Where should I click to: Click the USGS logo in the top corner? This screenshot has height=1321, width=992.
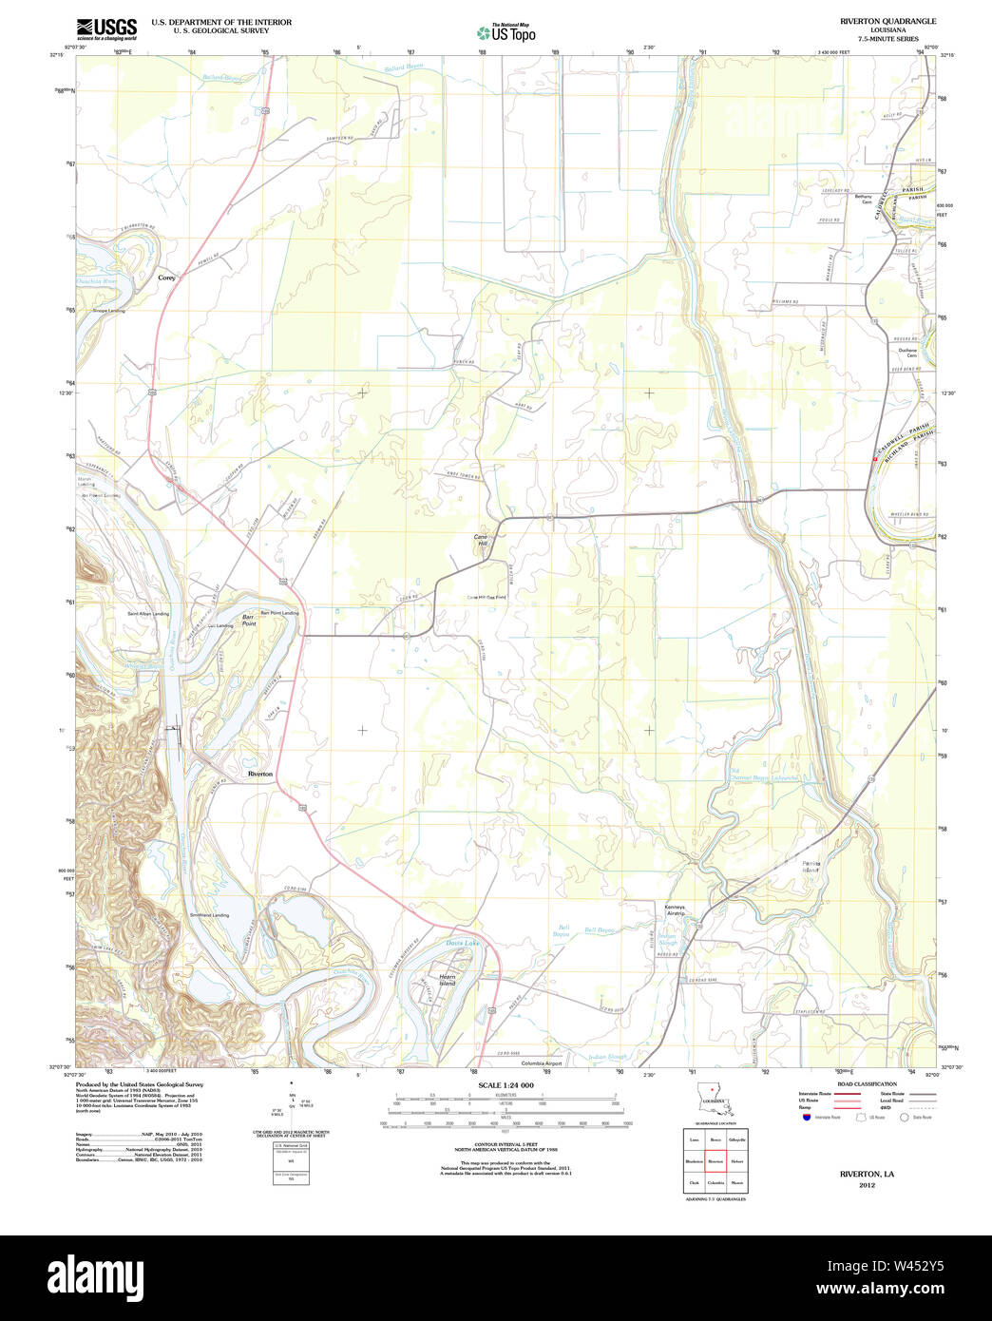tap(105, 28)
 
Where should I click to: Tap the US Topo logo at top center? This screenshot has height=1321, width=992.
tap(506, 32)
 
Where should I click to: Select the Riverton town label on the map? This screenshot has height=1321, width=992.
tap(259, 775)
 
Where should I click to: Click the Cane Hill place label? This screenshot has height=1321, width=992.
tap(481, 540)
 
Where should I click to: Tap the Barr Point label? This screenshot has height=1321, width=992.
tap(249, 619)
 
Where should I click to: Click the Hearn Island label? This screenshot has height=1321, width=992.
tap(447, 980)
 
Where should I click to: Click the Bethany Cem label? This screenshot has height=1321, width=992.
tap(863, 200)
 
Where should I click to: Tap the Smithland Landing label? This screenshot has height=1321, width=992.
tap(209, 915)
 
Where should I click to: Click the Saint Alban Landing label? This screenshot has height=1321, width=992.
tap(148, 614)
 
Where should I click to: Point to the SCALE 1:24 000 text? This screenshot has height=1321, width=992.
tap(506, 1085)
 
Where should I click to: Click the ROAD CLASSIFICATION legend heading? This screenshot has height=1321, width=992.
tap(866, 1084)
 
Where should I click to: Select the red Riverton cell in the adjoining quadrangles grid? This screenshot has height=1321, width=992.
tap(715, 1161)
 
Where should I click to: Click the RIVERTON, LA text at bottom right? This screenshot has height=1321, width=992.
tap(867, 1175)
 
